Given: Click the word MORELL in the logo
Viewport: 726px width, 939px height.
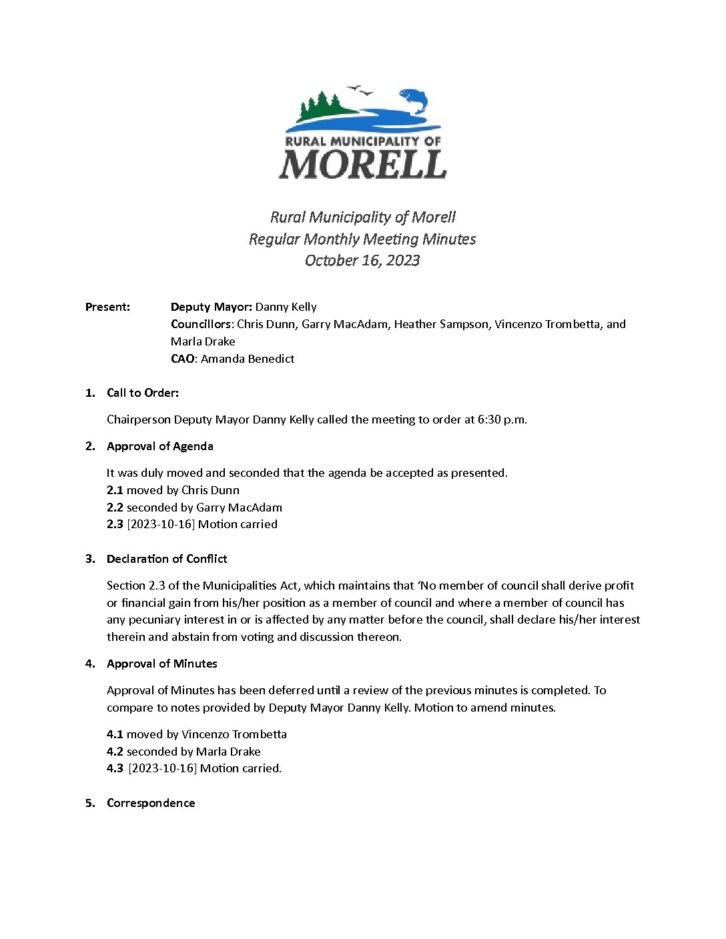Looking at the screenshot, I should (362, 164).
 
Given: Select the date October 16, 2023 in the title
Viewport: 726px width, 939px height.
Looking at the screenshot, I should (362, 261).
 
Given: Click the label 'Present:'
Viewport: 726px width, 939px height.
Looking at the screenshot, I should (107, 307).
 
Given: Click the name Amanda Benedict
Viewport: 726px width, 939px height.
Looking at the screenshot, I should (248, 359).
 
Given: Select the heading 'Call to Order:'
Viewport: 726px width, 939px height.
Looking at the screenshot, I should (143, 393).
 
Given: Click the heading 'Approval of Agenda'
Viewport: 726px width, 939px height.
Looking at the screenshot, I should (160, 446).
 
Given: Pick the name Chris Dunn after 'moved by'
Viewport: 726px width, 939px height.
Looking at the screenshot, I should (210, 490).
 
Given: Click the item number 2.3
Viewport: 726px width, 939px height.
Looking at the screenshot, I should (115, 524).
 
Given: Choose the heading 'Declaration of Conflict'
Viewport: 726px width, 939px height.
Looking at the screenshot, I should (167, 559).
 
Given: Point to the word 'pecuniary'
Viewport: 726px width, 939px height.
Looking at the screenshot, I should (155, 620).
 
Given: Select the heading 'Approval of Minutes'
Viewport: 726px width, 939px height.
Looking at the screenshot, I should (162, 664).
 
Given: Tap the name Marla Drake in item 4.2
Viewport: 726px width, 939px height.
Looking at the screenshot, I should (228, 752).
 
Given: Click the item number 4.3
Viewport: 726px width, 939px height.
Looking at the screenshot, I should (115, 768).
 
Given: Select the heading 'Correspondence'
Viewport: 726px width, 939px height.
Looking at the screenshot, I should (151, 803).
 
